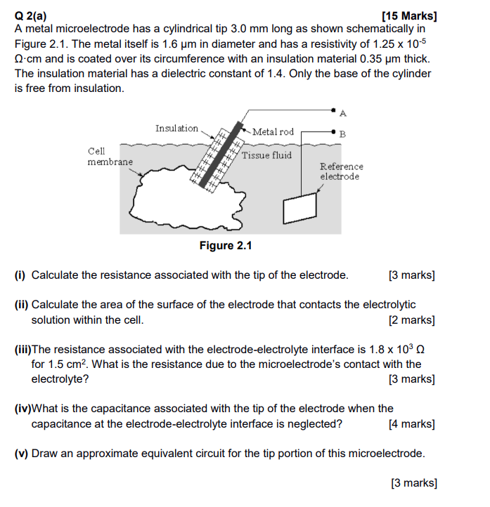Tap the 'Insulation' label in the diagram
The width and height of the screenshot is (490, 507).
(x=176, y=128)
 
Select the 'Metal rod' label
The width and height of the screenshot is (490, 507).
(x=273, y=131)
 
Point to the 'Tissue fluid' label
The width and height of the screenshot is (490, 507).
(x=266, y=154)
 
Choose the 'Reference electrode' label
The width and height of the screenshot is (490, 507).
(x=341, y=171)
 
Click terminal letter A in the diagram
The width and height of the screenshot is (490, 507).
(x=342, y=112)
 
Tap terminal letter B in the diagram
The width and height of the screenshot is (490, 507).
(x=342, y=133)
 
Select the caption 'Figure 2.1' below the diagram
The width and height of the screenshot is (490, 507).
(x=226, y=246)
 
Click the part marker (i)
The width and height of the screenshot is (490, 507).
(x=21, y=275)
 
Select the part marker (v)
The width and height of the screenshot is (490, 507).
(x=22, y=453)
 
